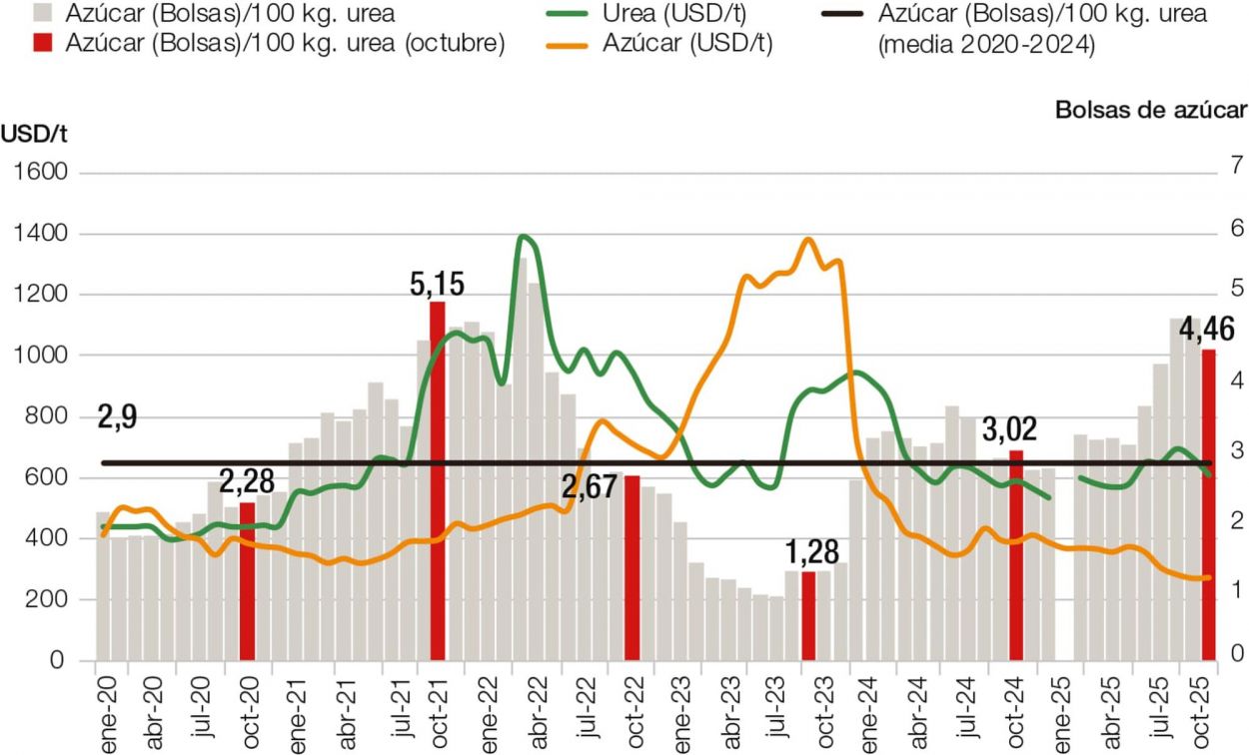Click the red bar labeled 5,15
click(x=438, y=479)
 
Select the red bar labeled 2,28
click(x=247, y=580)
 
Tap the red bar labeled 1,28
click(x=808, y=615)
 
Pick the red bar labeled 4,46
click(x=1208, y=504)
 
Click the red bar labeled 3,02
click(x=1016, y=555)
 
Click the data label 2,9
click(x=117, y=417)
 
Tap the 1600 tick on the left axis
click(x=39, y=174)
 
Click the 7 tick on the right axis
click(x=1236, y=165)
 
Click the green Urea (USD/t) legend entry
click(x=681, y=14)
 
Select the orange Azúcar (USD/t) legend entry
click(x=688, y=43)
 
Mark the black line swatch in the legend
click(x=842, y=14)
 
